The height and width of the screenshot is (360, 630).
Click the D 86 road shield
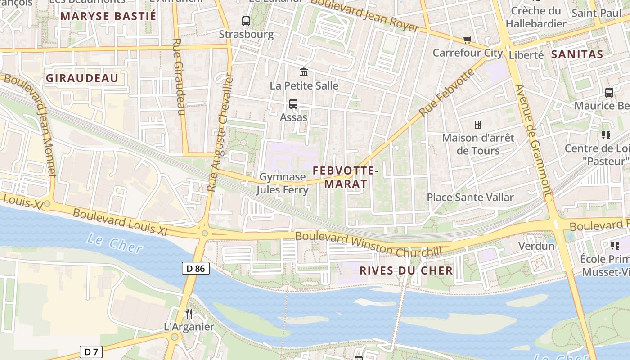196,269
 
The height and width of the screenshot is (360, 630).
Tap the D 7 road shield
91,351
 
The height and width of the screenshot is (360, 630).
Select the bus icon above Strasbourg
246,21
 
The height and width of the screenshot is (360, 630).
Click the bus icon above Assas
293,104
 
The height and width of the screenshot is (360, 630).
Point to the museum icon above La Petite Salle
304,72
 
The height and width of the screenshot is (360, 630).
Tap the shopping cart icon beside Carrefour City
468,40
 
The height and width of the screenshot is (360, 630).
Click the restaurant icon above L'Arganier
189,313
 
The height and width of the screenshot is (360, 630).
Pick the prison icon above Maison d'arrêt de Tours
478,124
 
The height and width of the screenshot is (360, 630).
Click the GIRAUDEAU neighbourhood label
82,78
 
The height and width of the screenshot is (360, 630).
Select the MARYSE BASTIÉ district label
108,16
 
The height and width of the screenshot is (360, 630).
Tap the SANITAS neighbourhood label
577,55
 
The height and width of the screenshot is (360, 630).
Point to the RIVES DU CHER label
406,270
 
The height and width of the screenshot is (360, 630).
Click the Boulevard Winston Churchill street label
368,243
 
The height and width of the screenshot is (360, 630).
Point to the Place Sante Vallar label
470,197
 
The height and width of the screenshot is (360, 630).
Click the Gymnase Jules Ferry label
283,183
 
